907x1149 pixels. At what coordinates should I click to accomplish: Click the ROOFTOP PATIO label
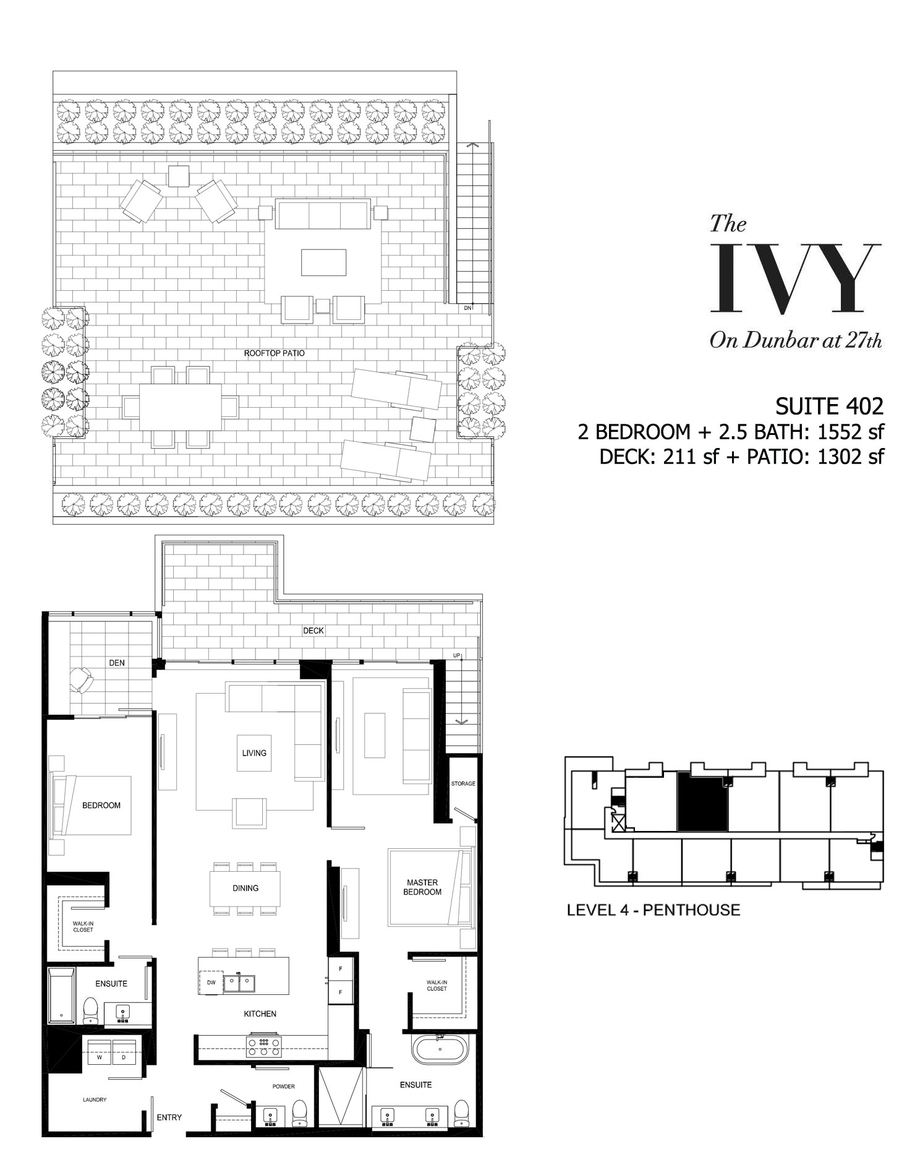point(274,353)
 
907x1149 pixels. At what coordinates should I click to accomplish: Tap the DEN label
point(117,663)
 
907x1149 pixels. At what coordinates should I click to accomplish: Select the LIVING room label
point(254,753)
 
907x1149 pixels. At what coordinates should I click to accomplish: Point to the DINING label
point(245,888)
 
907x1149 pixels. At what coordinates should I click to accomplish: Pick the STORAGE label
point(463,783)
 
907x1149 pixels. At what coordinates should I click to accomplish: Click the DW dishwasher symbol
point(211,983)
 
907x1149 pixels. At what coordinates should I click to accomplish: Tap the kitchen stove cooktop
point(264,1046)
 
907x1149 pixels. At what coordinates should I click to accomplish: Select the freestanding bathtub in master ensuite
point(441,1049)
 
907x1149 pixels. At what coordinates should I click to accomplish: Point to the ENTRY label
point(169,1117)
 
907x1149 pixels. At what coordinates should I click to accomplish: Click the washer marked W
point(99,1057)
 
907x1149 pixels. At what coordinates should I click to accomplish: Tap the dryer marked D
point(124,1057)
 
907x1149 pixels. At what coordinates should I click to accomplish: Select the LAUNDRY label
point(95,1100)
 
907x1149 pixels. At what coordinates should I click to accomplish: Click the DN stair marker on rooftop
point(468,308)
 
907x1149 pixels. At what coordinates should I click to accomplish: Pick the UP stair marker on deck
point(457,655)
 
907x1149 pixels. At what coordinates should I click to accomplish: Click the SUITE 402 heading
point(830,406)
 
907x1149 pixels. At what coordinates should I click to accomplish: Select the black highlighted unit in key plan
point(703,802)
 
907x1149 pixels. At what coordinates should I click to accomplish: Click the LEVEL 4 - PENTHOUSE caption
point(654,910)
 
